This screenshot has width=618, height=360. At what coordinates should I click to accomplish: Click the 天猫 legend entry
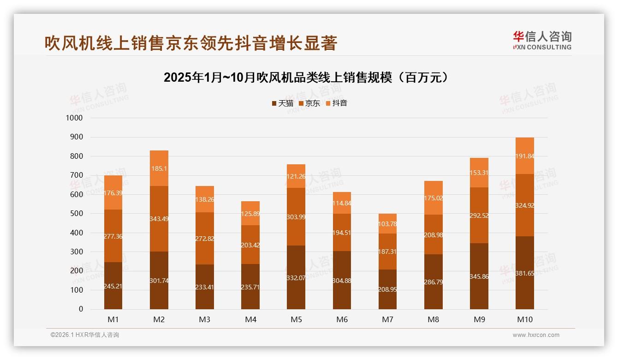coord(282,103)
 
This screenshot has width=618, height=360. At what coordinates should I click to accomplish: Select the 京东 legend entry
coord(309,103)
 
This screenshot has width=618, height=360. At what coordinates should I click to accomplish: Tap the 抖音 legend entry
coord(336,103)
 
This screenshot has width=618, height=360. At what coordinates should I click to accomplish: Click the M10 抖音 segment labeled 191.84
coord(525,156)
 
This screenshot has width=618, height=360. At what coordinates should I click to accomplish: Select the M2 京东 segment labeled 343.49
coord(159,218)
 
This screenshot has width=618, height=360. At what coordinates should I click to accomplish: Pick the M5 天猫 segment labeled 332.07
coord(296,277)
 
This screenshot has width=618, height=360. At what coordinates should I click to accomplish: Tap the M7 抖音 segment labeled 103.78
coord(387,224)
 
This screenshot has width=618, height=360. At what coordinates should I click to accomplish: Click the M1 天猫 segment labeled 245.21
coord(113,286)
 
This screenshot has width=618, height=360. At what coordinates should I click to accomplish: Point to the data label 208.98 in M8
coord(433,235)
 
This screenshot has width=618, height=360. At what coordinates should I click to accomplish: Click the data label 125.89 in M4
coord(250,214)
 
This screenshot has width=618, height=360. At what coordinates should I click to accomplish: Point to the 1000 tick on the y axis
coord(74,118)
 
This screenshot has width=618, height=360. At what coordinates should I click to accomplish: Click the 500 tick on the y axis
coord(76,214)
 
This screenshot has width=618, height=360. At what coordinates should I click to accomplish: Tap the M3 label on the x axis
coord(204,319)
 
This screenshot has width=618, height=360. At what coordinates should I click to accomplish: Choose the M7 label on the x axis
coord(387,319)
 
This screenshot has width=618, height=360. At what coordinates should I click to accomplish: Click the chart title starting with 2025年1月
coord(305,78)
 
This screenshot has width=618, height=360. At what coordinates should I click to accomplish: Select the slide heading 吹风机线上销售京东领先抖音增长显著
coord(191,43)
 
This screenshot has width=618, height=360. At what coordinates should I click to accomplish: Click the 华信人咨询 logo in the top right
coord(542,40)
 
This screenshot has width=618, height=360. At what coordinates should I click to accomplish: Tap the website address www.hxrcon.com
coord(536,335)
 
